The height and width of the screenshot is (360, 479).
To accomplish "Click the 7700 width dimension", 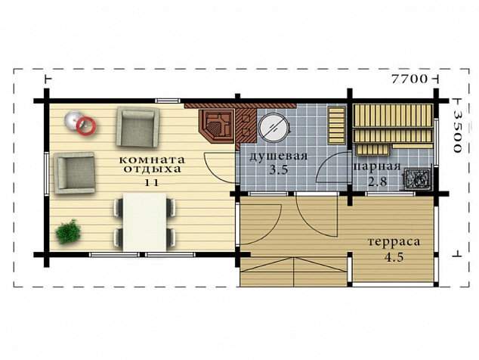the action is pos(409,79).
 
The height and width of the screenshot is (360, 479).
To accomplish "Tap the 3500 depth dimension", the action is pos(457,131).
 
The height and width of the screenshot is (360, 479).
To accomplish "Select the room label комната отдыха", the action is pos(152,164).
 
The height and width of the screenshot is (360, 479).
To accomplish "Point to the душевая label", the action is pos(278,156).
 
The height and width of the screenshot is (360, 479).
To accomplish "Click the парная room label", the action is pos(377,166).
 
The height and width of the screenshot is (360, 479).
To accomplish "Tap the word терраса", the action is pos(394,241).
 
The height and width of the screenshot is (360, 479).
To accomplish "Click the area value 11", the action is pos(152,182).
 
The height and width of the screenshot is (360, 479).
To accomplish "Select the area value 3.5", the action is pos(279,169).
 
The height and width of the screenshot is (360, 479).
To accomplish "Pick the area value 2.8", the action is pos(377,182).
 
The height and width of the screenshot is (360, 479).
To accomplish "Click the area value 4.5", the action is pos(394,258).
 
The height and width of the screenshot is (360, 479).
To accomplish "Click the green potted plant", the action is pos(69,231).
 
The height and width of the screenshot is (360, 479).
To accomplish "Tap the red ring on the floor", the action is pos(86,126).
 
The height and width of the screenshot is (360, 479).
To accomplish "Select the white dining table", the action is pos(145,222).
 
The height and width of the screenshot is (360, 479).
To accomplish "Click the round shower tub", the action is pos(273,127).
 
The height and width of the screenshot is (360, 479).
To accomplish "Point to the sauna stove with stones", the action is pos(416,178).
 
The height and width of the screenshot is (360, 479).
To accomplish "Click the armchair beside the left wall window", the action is pos(74,172).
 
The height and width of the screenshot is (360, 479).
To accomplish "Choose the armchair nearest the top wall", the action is pos(138,126).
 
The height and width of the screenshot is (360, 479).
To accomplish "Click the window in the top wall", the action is pos(167,101).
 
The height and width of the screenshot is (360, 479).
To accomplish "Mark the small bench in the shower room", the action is pos(336,125).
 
